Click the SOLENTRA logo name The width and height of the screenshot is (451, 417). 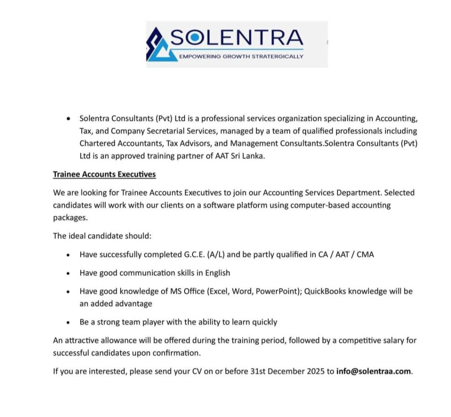click(236, 39)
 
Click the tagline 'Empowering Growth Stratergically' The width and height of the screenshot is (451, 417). click(241, 57)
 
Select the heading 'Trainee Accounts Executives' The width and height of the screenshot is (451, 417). click(104, 174)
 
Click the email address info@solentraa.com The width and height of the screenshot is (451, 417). click(373, 371)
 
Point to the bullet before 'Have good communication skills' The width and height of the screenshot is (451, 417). click(68, 273)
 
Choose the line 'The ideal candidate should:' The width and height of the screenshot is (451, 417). click(102, 236)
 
